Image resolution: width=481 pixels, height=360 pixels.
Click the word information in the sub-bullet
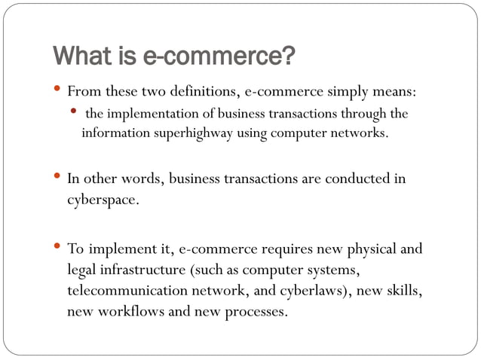pyautogui.click(x=112, y=133)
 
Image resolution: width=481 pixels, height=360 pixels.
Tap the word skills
pyautogui.click(x=404, y=290)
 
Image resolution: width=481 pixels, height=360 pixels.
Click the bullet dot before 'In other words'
pyautogui.click(x=59, y=178)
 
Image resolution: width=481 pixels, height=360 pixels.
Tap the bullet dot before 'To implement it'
pyautogui.click(x=59, y=247)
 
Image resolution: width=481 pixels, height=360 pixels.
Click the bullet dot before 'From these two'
pyautogui.click(x=59, y=91)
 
